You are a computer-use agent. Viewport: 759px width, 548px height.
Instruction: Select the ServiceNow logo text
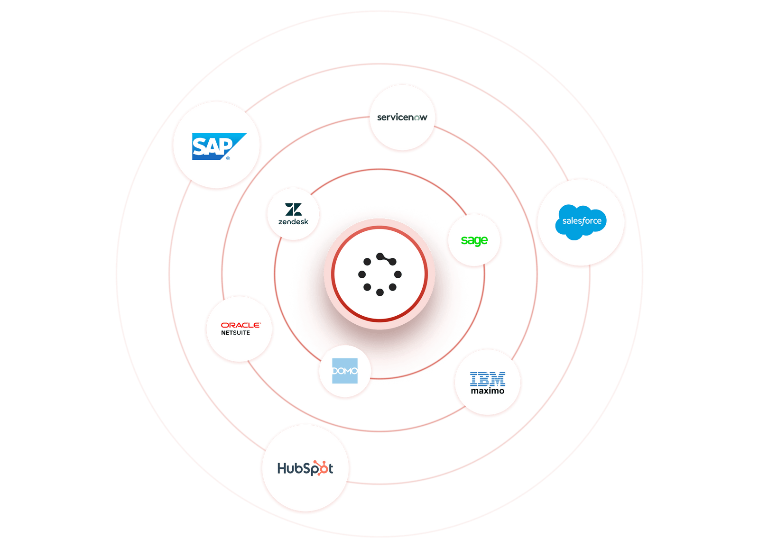pos(402,117)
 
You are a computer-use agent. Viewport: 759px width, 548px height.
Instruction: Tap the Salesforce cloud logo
pos(581,221)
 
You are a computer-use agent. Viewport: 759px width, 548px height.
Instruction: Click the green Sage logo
pos(474,240)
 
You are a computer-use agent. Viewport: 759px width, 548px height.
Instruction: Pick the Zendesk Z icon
pos(293,209)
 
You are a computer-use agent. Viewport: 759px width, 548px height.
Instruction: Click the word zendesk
pos(293,222)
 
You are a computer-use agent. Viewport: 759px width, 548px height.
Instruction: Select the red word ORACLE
pos(241,325)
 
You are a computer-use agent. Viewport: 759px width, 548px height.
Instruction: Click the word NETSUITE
pos(235,333)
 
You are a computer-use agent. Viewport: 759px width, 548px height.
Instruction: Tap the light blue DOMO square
pos(345,371)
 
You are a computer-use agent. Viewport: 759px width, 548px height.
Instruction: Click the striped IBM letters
pos(488,379)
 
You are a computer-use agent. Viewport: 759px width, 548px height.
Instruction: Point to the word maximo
pos(488,391)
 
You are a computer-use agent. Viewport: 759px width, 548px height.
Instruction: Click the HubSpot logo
pos(305,468)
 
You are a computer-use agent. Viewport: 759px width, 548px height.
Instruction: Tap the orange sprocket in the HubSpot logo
pos(321,468)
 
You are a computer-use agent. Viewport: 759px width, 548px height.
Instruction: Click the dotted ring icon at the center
pos(379,274)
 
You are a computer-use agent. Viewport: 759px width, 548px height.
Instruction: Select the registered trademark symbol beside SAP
pos(228,158)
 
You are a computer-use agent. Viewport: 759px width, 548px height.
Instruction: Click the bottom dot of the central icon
pos(379,292)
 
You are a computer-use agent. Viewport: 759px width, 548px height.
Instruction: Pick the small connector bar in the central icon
pos(386,259)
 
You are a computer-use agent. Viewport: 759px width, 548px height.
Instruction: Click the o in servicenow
pos(417,118)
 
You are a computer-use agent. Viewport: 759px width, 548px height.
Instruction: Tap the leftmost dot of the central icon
pos(362,274)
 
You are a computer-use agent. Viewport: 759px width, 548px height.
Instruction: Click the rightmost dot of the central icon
pos(398,274)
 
